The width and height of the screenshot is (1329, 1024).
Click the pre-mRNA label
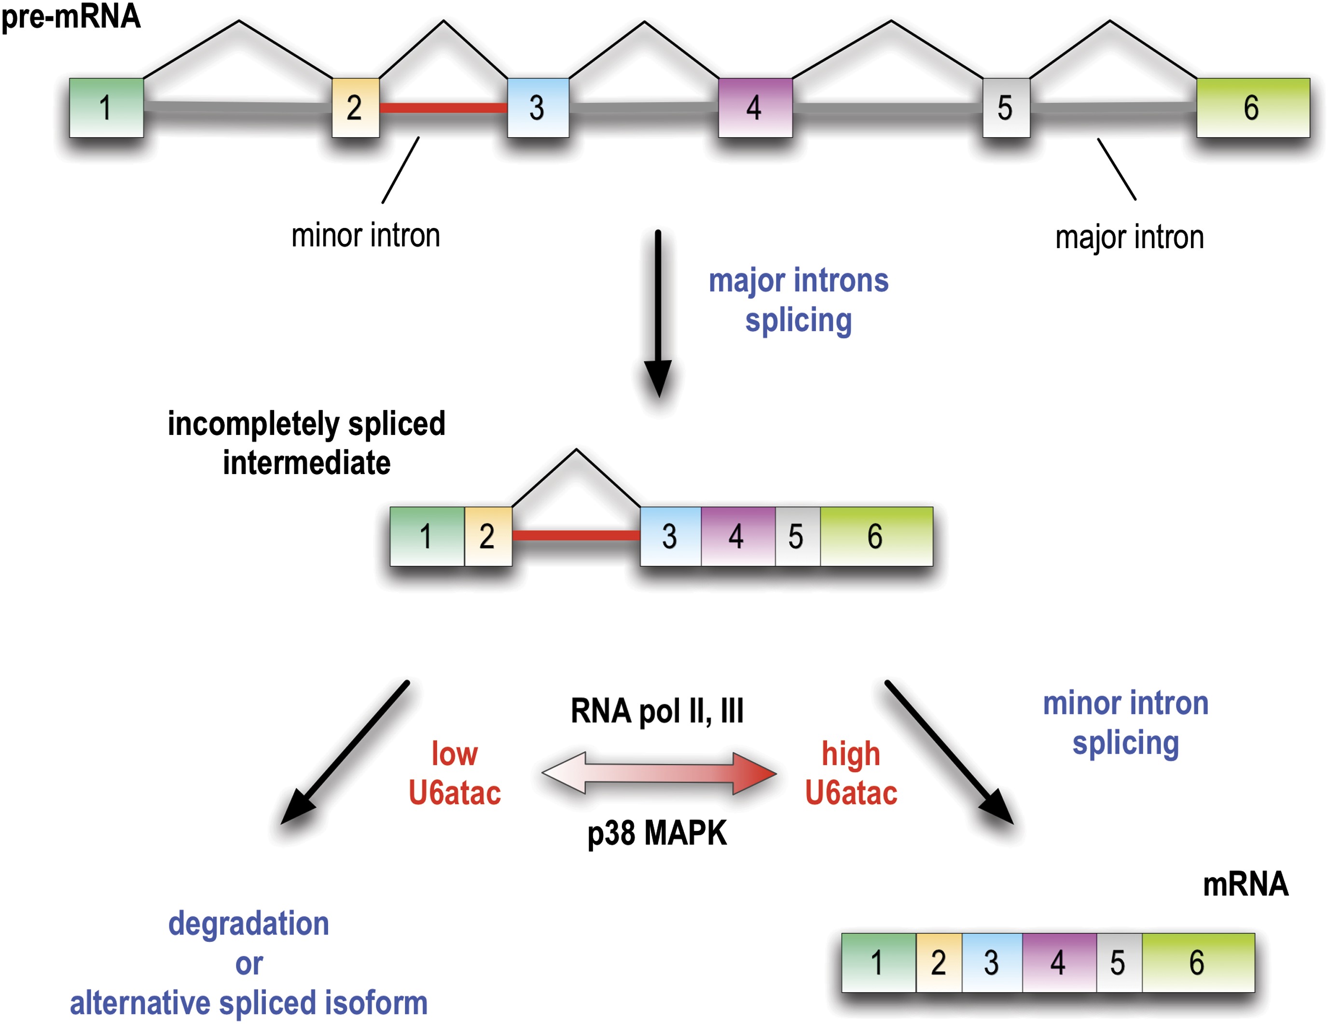pyautogui.click(x=70, y=16)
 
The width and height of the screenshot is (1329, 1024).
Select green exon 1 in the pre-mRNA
pyautogui.click(x=107, y=108)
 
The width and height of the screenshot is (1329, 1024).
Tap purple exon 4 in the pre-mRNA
pyautogui.click(x=755, y=108)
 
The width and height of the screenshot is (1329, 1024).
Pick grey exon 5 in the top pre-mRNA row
pyautogui.click(x=1006, y=108)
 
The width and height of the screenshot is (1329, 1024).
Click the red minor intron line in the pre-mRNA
pyautogui.click(x=443, y=108)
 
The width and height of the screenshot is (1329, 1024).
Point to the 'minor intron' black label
pyautogui.click(x=365, y=236)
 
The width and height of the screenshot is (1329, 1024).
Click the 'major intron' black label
pyautogui.click(x=1129, y=237)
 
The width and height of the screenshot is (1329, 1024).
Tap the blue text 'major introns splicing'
pyautogui.click(x=798, y=300)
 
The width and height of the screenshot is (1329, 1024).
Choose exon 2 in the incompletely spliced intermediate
pyautogui.click(x=487, y=536)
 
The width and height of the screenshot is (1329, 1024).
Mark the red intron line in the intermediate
pyautogui.click(x=576, y=536)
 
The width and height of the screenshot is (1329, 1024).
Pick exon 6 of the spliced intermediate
pyautogui.click(x=876, y=536)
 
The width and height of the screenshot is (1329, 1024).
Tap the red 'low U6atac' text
pyautogui.click(x=455, y=773)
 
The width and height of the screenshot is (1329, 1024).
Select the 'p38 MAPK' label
pyautogui.click(x=657, y=833)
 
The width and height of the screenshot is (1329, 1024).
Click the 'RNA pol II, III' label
pyautogui.click(x=657, y=711)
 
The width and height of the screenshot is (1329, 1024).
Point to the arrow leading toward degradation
pyautogui.click(x=344, y=753)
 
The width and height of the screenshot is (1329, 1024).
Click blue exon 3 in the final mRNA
pyautogui.click(x=992, y=963)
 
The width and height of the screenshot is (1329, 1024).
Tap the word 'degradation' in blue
pyautogui.click(x=249, y=923)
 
